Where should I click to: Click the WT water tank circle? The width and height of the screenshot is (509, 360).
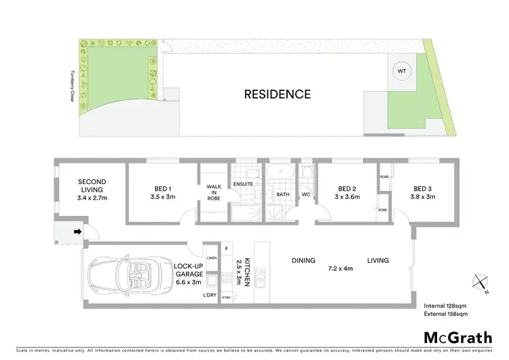401,71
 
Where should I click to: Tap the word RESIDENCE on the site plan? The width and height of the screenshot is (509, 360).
278,94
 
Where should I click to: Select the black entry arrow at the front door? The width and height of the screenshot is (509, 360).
77,232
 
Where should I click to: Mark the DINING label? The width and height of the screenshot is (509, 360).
303,260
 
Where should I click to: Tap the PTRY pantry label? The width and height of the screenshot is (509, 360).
227,298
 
